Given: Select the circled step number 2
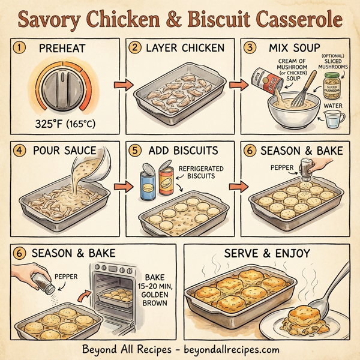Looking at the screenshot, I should pos(137,47).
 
